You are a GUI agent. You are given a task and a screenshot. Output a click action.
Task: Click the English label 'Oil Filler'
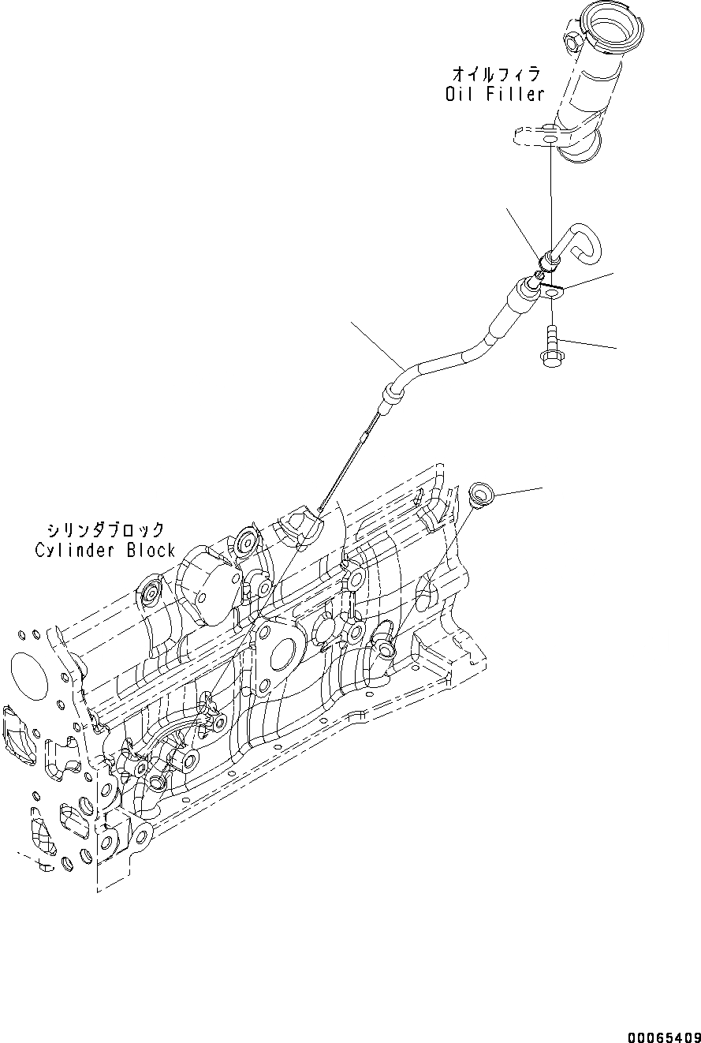pyautogui.click(x=494, y=95)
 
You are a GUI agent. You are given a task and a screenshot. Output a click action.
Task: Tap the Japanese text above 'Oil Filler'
pyautogui.click(x=496, y=75)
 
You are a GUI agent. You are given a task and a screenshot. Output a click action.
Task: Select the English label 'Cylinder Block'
pyautogui.click(x=105, y=550)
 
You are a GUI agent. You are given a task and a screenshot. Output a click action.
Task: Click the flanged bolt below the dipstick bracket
pyautogui.click(x=550, y=347)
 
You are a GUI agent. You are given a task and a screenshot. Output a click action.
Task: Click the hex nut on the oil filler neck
pyautogui.click(x=573, y=38)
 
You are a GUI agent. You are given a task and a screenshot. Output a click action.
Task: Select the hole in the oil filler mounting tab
pyautogui.click(x=549, y=140)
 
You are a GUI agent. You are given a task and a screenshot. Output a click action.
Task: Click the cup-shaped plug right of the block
pyautogui.click(x=479, y=494)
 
